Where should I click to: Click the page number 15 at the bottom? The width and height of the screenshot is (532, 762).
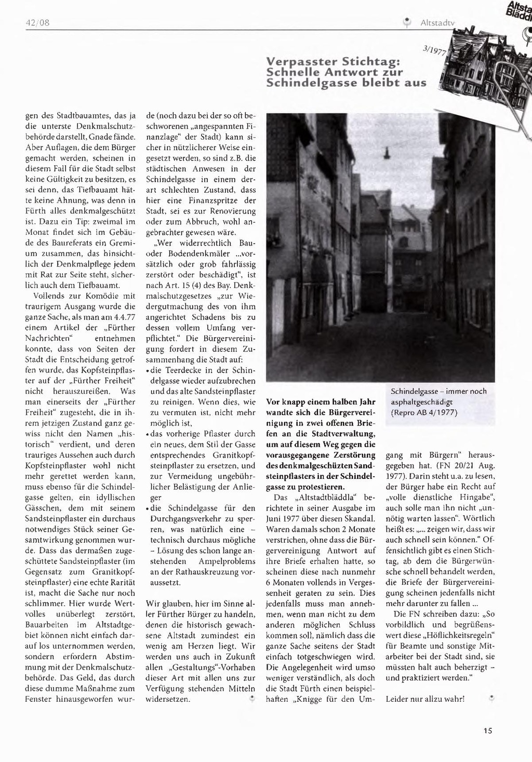point(487,731)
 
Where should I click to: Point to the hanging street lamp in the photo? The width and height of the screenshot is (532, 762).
point(386,153)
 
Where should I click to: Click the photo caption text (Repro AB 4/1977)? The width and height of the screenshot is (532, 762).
point(424,413)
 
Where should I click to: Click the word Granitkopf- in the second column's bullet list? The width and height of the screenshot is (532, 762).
point(231,454)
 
